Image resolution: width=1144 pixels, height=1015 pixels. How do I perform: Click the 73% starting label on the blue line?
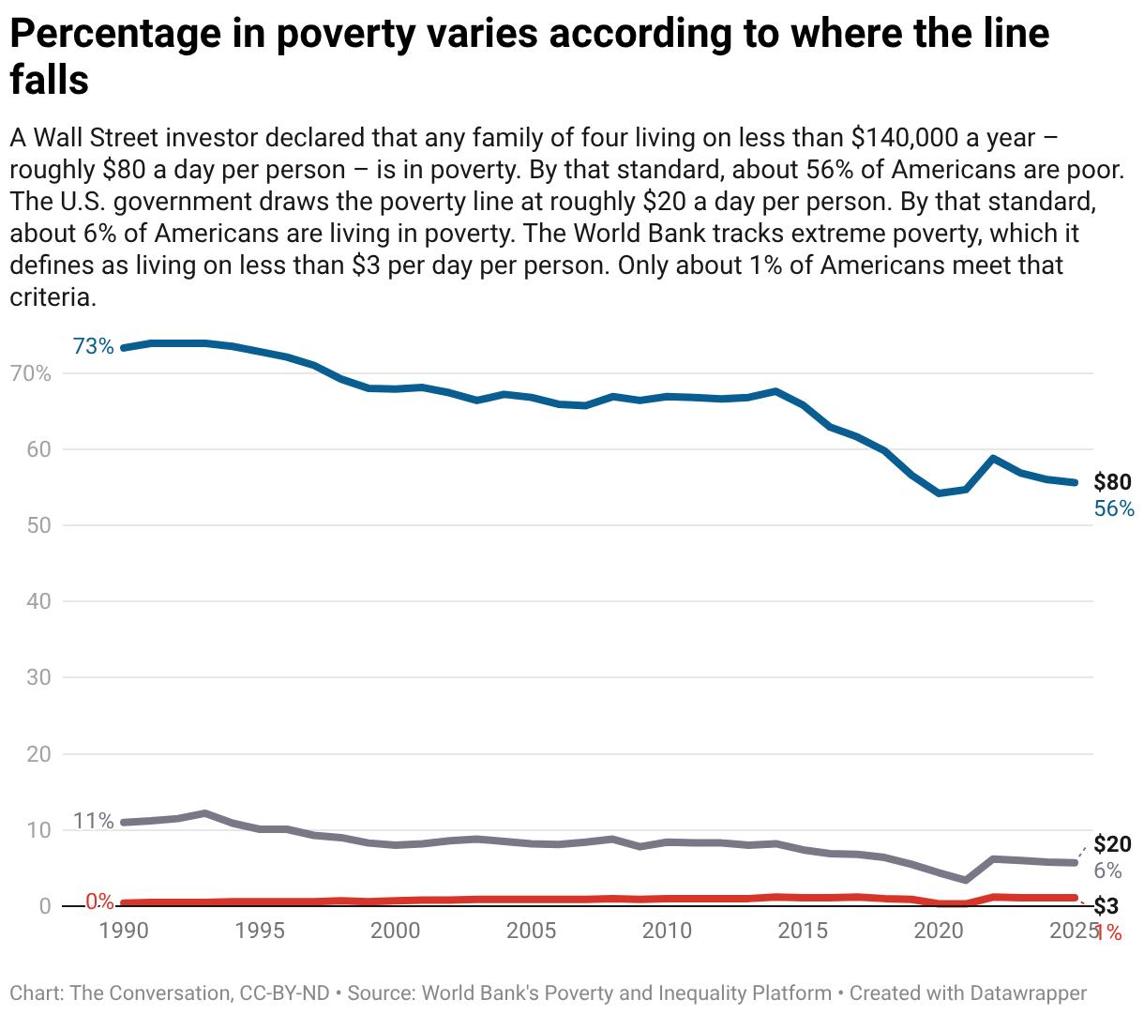(x=93, y=346)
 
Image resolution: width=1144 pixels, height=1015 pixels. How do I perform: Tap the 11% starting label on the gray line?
(x=93, y=822)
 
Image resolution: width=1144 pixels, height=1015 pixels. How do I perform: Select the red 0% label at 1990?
(x=99, y=902)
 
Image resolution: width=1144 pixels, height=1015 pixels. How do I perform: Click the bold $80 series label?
(x=1112, y=482)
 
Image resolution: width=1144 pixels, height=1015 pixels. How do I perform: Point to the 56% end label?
(x=1114, y=508)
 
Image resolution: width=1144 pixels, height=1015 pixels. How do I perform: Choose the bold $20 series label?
(x=1112, y=844)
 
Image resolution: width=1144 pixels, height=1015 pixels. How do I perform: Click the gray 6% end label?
(x=1107, y=871)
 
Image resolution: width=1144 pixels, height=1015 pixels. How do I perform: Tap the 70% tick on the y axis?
(x=31, y=374)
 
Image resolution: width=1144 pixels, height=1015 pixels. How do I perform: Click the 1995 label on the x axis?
(x=260, y=931)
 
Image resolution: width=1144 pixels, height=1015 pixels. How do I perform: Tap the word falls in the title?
(x=49, y=80)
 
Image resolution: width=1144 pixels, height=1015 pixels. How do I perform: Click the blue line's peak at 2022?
(x=993, y=459)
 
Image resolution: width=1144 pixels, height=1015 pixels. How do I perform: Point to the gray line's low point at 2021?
(x=966, y=880)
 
